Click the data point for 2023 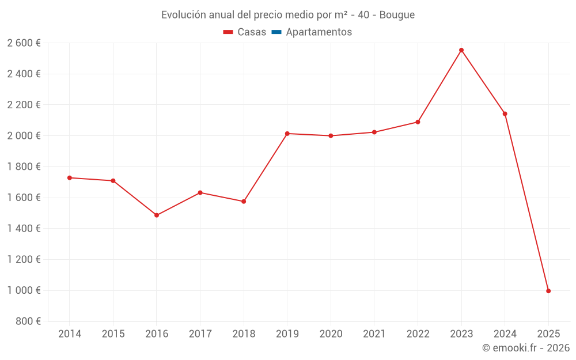click(461, 50)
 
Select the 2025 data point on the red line click(548, 291)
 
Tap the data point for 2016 click(157, 215)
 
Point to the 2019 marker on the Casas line click(287, 134)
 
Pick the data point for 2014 click(70, 177)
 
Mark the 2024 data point click(505, 113)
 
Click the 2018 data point click(244, 202)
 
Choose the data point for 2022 click(418, 122)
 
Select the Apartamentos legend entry click(319, 32)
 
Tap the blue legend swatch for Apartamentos click(276, 32)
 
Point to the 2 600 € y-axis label click(24, 43)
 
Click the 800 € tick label click(29, 321)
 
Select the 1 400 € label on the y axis click(24, 229)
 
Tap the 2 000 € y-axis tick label click(24, 136)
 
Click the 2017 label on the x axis click(200, 334)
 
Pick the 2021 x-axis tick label click(374, 334)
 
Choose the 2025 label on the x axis click(548, 334)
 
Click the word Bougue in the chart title click(397, 15)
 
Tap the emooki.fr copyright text click(526, 348)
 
